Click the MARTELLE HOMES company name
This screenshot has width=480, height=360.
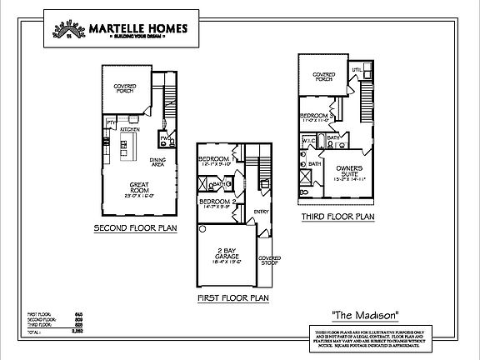pyautogui.click(x=138, y=27)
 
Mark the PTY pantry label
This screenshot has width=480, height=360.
pyautogui.click(x=110, y=122)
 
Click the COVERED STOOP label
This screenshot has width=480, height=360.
pyautogui.click(x=268, y=262)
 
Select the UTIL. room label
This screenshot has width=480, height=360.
pyautogui.click(x=356, y=69)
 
